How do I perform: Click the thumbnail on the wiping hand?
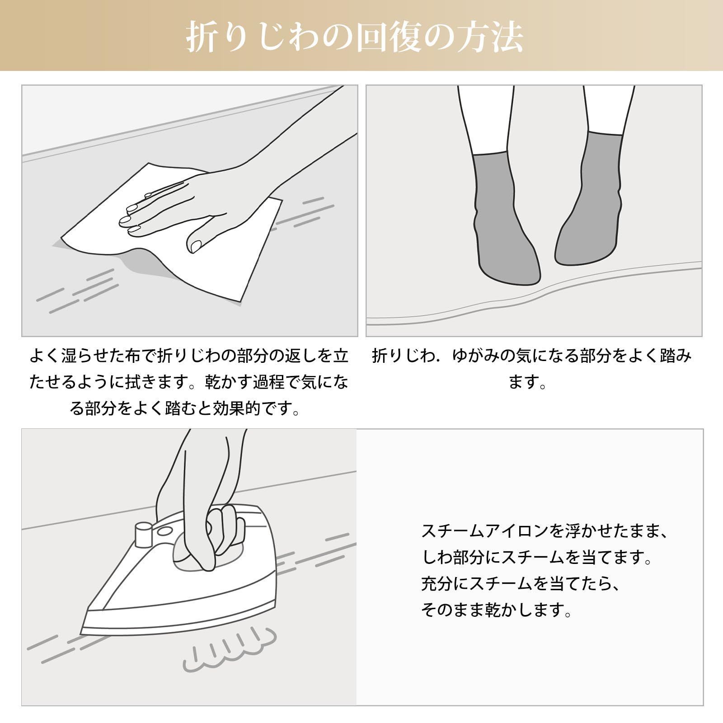click(196, 245)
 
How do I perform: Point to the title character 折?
click(203, 37)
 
